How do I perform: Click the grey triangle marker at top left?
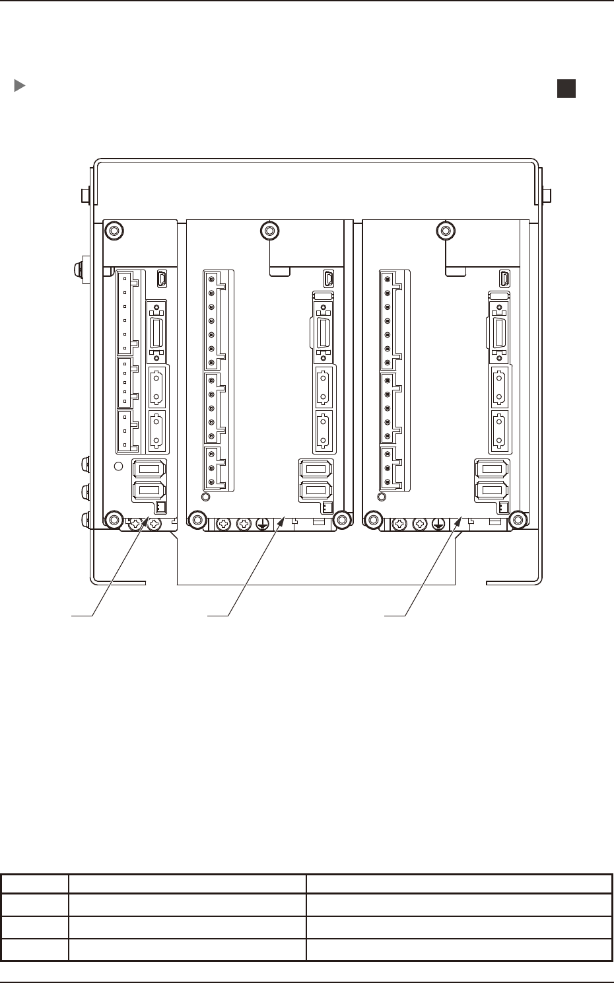coord(20,86)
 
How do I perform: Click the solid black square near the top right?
coord(566,89)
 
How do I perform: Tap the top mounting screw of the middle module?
coord(269,231)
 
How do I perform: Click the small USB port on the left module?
coord(162,279)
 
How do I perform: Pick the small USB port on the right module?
coord(505,278)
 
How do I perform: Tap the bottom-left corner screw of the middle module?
coord(195,521)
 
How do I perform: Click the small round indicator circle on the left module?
coord(119,466)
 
